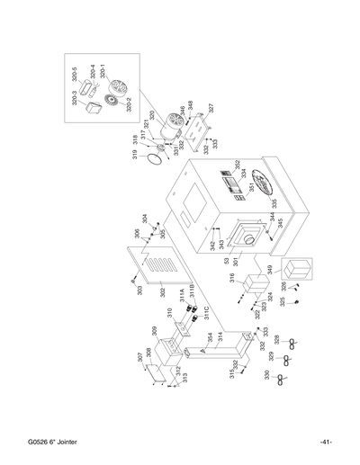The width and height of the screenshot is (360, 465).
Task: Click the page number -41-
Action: [x=326, y=441]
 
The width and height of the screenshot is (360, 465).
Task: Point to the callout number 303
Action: [x=139, y=290]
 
